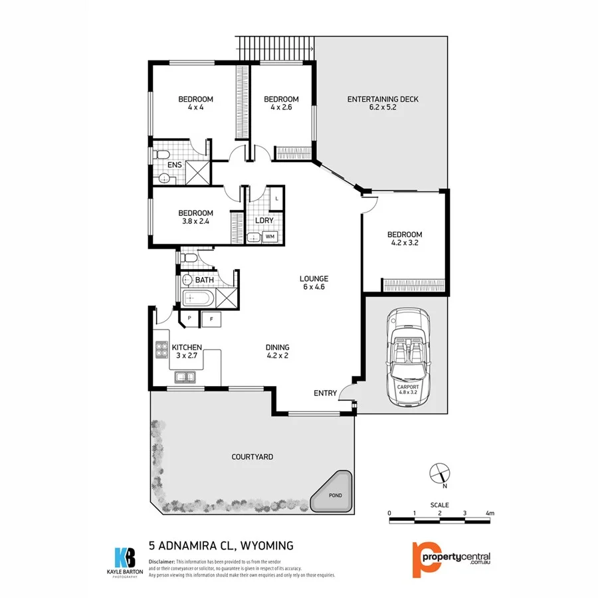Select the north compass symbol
tap(440, 473)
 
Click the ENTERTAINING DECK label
tap(383, 100)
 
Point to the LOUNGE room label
tap(314, 279)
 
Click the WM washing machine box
tap(270, 236)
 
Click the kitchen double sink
tap(185, 377)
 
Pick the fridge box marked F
tap(211, 319)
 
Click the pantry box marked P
tap(189, 319)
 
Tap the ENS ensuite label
tap(175, 165)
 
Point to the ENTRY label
tap(325, 393)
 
